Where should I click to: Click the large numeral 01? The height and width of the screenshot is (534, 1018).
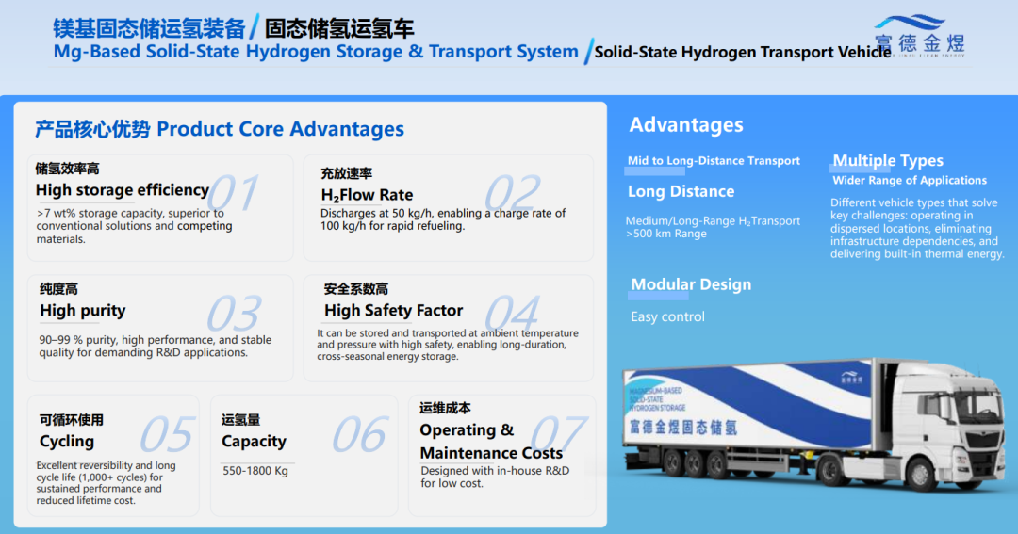tap(234, 193)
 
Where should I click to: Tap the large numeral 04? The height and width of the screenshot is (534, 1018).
tap(512, 314)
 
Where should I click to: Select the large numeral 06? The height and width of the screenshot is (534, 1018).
tap(360, 435)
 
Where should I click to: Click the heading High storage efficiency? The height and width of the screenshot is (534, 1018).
tap(122, 190)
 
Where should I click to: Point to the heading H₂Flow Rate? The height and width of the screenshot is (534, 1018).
tap(367, 195)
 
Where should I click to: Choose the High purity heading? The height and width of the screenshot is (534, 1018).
tap(82, 311)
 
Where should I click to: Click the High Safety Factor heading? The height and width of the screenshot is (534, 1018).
tap(393, 311)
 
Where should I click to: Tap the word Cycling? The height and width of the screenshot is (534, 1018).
tap(67, 442)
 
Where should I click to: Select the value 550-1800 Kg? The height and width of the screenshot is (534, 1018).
tap(255, 471)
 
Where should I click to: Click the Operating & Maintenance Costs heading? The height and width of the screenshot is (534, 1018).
tap(491, 441)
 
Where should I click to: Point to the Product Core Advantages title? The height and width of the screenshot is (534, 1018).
tap(281, 129)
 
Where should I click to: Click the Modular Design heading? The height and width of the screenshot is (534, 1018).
tap(692, 284)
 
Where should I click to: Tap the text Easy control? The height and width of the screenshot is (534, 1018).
tap(667, 317)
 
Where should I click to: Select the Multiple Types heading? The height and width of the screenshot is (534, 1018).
tap(888, 161)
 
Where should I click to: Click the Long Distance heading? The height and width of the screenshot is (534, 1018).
tap(681, 191)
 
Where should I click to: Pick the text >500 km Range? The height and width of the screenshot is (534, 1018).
tap(666, 234)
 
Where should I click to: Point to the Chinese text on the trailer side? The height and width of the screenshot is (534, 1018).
tap(683, 428)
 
